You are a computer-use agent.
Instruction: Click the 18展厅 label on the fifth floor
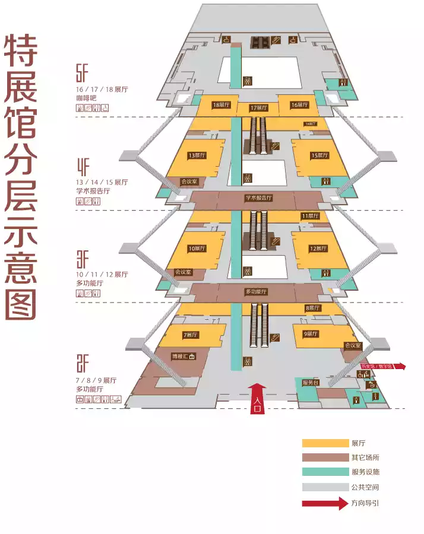221,105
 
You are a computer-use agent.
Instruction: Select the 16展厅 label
299,105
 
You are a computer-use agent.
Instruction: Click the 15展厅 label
319,155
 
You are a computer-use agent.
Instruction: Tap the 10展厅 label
197,249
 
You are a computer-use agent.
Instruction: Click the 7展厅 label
190,335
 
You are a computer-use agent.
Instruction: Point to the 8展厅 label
312,308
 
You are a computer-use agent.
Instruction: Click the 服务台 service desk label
311,383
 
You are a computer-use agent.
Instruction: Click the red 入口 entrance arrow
257,398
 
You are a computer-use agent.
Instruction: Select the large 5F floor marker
82,74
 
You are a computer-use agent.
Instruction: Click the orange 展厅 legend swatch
325,443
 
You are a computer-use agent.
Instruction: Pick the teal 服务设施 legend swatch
325,472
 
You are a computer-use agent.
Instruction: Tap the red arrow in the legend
325,503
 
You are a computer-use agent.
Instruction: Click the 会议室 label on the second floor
352,345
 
